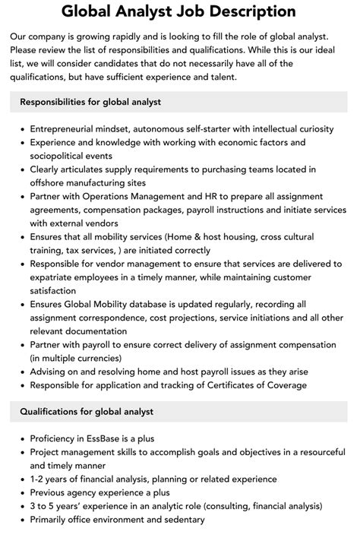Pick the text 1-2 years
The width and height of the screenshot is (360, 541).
coord(51,479)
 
